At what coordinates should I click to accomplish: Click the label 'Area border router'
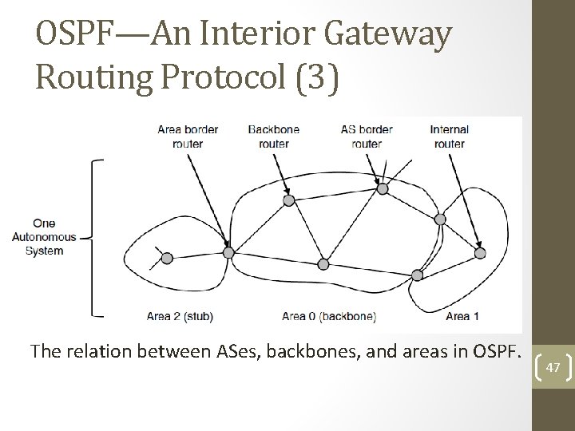(x=188, y=136)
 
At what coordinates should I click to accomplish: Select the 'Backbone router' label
(x=275, y=136)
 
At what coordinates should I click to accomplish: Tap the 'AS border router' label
(x=367, y=136)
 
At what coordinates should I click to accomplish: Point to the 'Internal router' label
(x=449, y=136)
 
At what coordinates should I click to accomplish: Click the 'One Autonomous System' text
(x=44, y=237)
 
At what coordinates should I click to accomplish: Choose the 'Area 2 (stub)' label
(x=180, y=316)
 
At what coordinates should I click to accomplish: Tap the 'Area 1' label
(x=462, y=316)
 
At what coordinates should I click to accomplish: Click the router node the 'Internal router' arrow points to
(x=479, y=253)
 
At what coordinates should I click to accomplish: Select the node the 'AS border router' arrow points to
(x=383, y=188)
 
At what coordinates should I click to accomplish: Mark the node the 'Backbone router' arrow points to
(x=289, y=200)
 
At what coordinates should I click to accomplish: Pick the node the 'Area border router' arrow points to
(x=228, y=252)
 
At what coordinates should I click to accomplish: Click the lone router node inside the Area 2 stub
(x=167, y=258)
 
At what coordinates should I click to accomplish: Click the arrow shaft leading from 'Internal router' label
(x=464, y=200)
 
